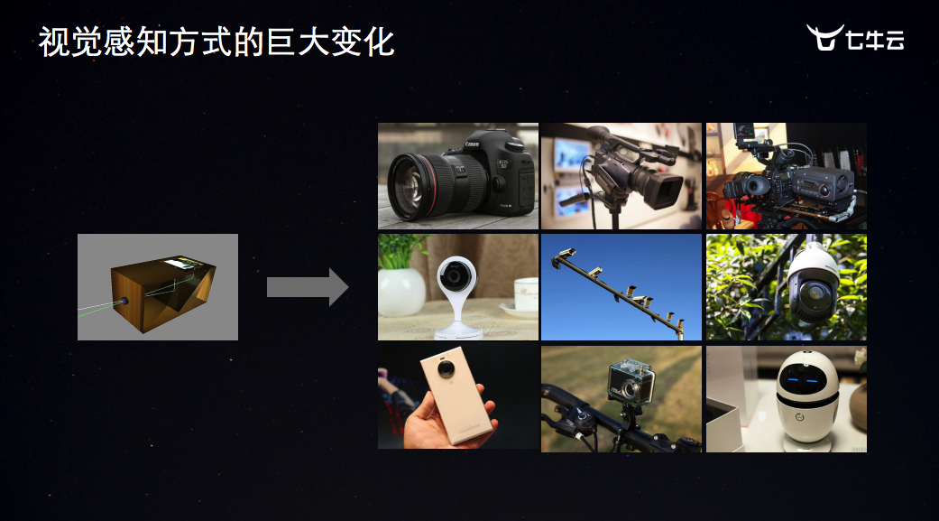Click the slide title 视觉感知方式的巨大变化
216,42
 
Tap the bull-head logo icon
824,37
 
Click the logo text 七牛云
875,40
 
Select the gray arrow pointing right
308,286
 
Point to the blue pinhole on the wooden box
124,301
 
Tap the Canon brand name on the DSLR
472,144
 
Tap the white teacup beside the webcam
525,295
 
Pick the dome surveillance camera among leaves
812,282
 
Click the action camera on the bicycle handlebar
630,381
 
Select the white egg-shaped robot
806,399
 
